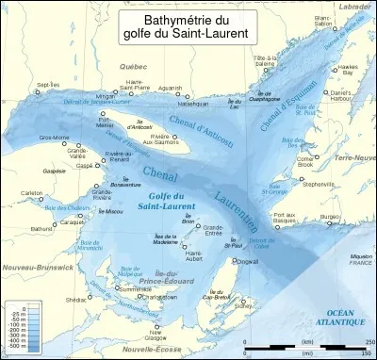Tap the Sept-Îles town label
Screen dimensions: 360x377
[x=48, y=85]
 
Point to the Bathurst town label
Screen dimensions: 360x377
[x=41, y=229]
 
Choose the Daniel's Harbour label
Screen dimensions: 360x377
[x=348, y=98]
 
